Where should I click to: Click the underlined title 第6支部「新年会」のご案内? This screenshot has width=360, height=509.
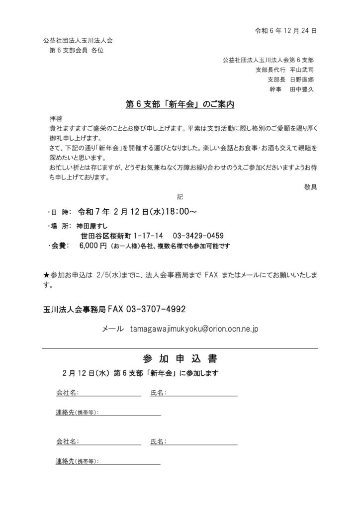180,105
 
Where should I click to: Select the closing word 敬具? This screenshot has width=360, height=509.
310,186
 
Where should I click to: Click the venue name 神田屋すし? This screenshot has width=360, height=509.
93,226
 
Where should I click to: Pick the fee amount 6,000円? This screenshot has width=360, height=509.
92,246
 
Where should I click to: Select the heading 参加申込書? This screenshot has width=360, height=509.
180,359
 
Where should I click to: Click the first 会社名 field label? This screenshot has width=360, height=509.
66,393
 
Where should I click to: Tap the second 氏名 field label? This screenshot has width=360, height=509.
158,441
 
